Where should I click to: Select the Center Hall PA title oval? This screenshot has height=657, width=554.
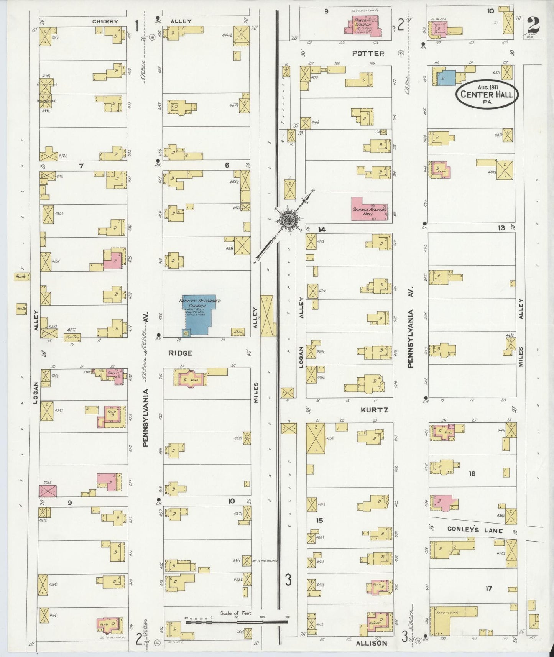[x=487, y=94]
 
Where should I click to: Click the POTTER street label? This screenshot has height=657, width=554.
[x=368, y=54]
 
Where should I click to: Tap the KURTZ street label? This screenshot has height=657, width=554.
[x=375, y=410]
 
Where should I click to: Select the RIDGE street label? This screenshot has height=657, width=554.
[x=180, y=353]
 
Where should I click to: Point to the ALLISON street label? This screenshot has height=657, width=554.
[x=372, y=643]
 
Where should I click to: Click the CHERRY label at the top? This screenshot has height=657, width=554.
[x=105, y=21]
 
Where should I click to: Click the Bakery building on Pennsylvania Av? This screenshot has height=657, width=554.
[x=113, y=374]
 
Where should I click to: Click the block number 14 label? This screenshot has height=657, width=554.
[x=322, y=229]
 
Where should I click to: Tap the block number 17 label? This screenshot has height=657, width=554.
[x=488, y=588]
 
